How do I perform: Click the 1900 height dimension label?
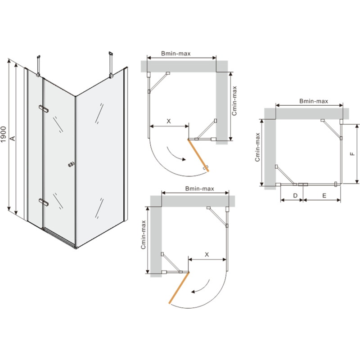tap(4, 134)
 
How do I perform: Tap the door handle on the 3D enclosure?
tap(71, 164)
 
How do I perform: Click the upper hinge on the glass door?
tap(44, 108)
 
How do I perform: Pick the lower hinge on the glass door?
tap(44, 202)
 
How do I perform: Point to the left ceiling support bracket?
tap(38, 65)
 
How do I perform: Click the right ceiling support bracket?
tap(111, 64)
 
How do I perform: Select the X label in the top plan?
tap(168, 121)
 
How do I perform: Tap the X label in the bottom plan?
tap(207, 254)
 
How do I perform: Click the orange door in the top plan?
tap(198, 155)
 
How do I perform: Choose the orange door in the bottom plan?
tap(179, 288)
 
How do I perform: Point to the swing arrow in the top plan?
tap(175, 154)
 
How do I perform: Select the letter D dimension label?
tap(295, 196)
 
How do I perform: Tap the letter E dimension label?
tap(324, 196)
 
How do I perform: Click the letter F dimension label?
tap(353, 154)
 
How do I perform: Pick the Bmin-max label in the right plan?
tap(314, 101)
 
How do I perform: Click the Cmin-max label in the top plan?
tap(234, 101)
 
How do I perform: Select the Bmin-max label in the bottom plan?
tap(199, 189)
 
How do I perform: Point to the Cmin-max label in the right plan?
tap(257, 147)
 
